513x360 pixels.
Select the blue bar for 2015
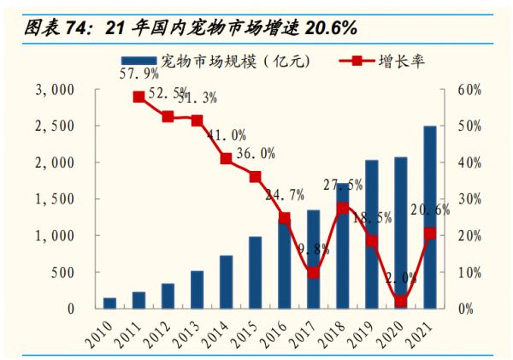255,273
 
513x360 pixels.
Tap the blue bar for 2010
109,303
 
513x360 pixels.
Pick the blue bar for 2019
371,234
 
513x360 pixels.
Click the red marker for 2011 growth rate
139,97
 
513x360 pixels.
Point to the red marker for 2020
400,301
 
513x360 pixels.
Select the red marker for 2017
313,273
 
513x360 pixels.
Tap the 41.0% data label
227,135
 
